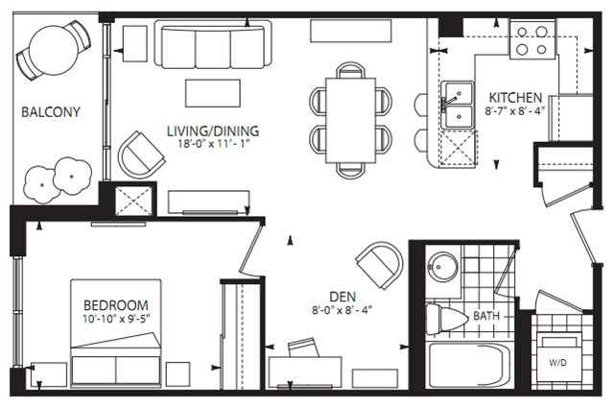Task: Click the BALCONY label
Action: pyautogui.click(x=51, y=112)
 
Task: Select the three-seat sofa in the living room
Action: pyautogui.click(x=213, y=44)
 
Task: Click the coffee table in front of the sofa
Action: pyautogui.click(x=213, y=93)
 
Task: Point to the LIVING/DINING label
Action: pyautogui.click(x=213, y=131)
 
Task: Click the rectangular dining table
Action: pyautogui.click(x=351, y=120)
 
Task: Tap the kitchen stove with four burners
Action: pyautogui.click(x=531, y=40)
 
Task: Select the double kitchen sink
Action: pyautogui.click(x=458, y=105)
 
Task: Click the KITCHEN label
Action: pyautogui.click(x=515, y=98)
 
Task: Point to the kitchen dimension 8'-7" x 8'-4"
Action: pyautogui.click(x=515, y=111)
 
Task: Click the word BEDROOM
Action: pyautogui.click(x=116, y=305)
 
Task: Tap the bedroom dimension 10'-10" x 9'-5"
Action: pyautogui.click(x=116, y=319)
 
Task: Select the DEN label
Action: pyautogui.click(x=342, y=297)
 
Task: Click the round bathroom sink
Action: pyautogui.click(x=443, y=267)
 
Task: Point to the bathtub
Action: pyautogui.click(x=468, y=366)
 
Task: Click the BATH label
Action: pyautogui.click(x=486, y=316)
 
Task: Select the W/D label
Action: pyautogui.click(x=557, y=363)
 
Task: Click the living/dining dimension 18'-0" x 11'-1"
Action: pyautogui.click(x=214, y=144)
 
